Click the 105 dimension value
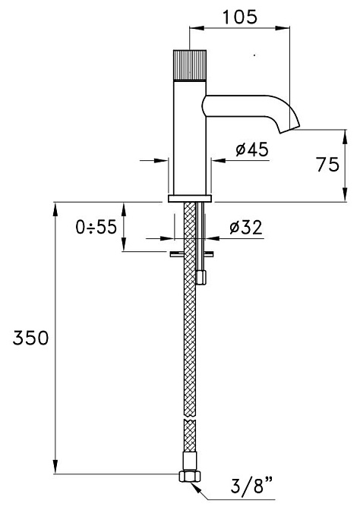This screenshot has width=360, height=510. click(240, 17)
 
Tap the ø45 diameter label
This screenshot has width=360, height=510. click(252, 150)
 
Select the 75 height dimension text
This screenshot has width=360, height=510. click(327, 164)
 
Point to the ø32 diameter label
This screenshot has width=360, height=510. click(246, 228)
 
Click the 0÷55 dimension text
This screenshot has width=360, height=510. click(96, 227)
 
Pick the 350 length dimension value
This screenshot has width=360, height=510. click(30, 338)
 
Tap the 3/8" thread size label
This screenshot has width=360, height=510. click(251, 485)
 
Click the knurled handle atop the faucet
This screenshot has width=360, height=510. click(190, 65)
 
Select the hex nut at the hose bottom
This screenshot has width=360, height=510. click(190, 477)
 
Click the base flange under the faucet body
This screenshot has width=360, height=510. click(190, 198)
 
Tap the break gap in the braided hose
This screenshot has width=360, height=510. click(190, 417)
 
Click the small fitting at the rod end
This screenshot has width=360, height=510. click(202, 278)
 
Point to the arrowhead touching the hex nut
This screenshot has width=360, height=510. click(196, 486)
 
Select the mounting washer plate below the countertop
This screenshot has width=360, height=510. click(191, 253)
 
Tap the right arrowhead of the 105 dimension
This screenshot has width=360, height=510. click(283, 28)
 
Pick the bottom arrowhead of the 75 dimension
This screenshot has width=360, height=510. click(345, 194)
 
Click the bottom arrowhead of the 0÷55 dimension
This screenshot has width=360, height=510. click(124, 244)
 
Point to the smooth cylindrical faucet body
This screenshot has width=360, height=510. click(190, 137)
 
